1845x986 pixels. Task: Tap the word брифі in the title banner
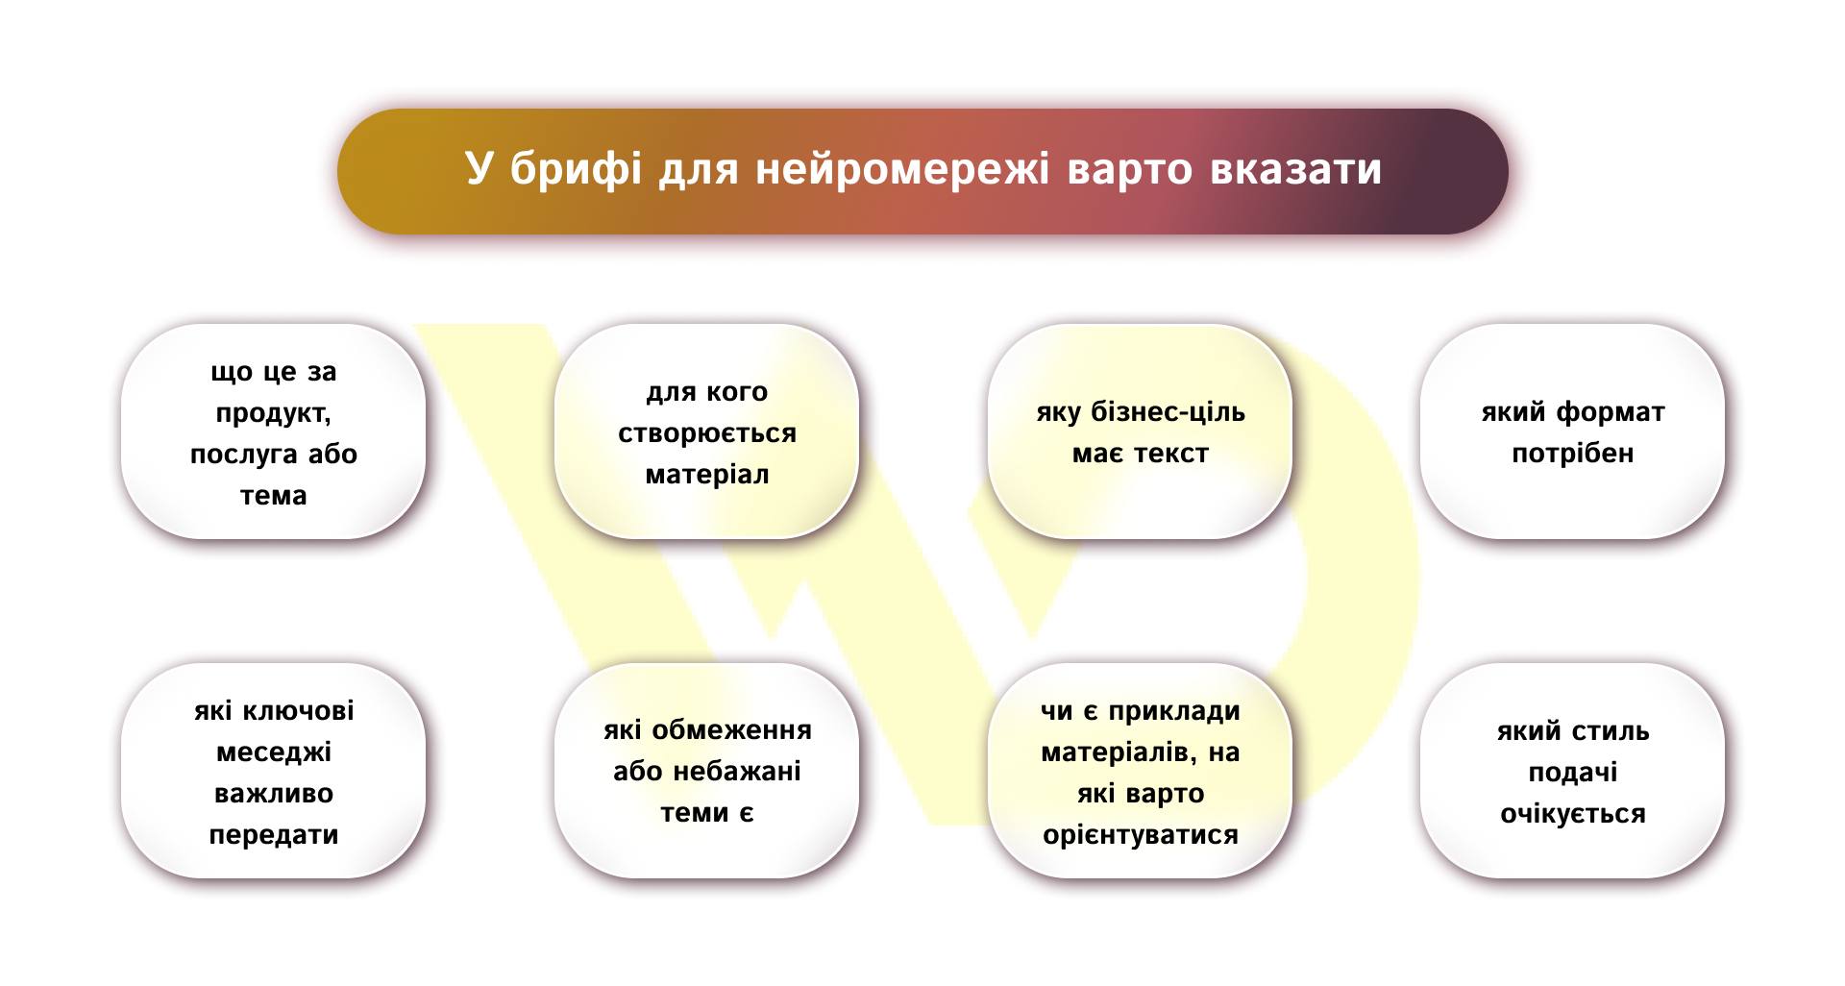click(575, 170)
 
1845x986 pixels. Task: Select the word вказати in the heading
click(1295, 170)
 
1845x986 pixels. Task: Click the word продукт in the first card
click(272, 414)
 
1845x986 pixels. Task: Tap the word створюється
click(707, 434)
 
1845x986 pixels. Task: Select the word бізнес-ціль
click(1168, 413)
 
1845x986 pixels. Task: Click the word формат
click(1611, 413)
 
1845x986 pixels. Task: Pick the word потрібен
click(1572, 454)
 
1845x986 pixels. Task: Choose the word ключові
click(298, 711)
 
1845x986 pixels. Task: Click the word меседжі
click(274, 752)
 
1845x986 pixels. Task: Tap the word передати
click(274, 835)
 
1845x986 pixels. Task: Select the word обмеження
click(731, 731)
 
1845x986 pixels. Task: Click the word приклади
click(1174, 712)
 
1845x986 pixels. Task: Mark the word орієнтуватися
click(1141, 835)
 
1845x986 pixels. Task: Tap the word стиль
click(1611, 732)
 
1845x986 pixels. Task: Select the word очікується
click(1572, 815)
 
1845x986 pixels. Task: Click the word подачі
click(1572, 774)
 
